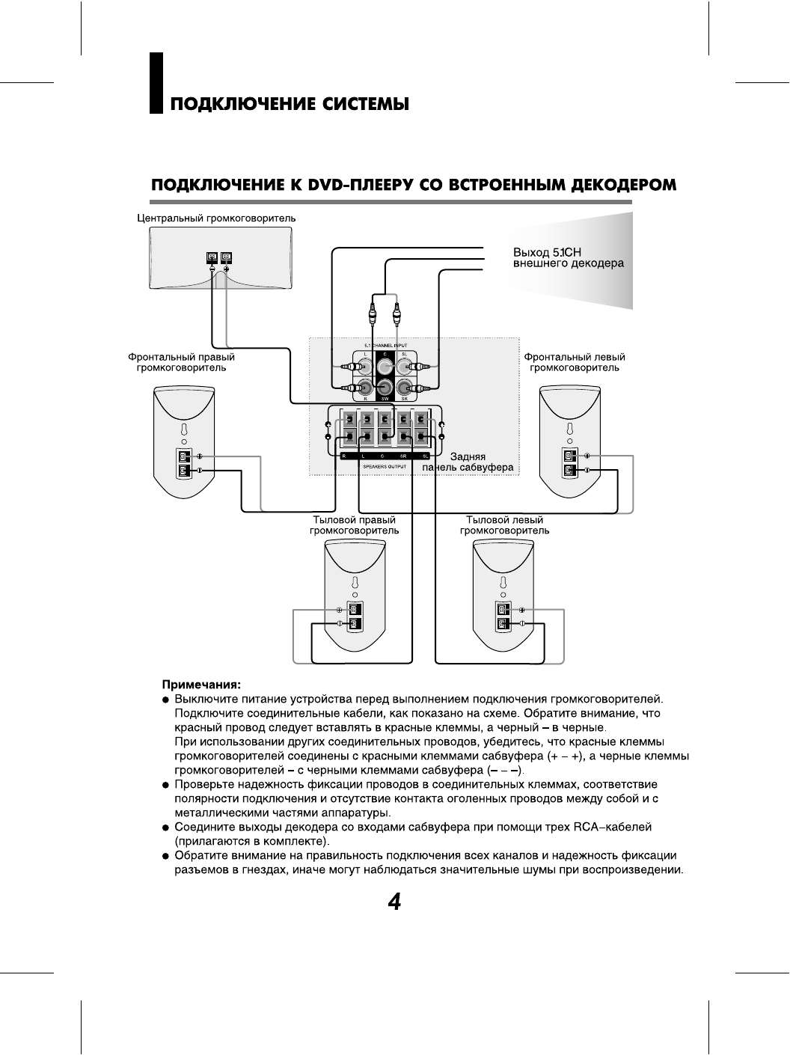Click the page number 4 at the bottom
point(394,902)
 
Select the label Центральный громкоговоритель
point(216,218)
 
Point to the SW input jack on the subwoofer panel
point(385,388)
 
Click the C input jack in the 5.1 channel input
point(385,367)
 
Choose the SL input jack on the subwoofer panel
point(405,367)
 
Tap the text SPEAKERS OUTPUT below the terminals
point(384,466)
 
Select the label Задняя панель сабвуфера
point(468,462)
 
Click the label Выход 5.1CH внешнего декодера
point(568,257)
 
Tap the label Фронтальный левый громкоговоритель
point(575,362)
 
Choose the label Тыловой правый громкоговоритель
point(354,525)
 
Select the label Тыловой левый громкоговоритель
point(504,525)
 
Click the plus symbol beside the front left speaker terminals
point(587,455)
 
